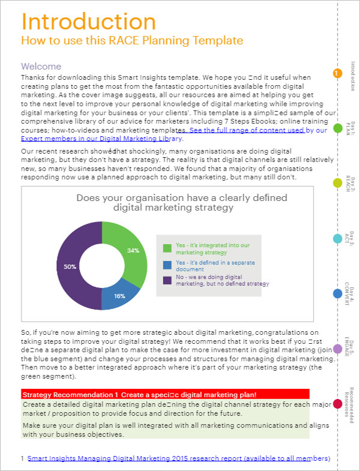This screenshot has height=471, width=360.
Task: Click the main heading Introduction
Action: [89, 22]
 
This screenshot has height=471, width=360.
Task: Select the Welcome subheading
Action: [41, 67]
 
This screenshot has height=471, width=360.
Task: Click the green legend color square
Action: [167, 248]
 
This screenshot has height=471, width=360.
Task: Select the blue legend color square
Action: [167, 265]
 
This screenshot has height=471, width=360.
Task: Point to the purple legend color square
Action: [167, 280]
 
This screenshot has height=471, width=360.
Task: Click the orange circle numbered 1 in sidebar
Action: [337, 73]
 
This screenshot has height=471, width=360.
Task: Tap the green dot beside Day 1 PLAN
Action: [337, 128]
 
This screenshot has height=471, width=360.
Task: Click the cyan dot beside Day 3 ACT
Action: [337, 238]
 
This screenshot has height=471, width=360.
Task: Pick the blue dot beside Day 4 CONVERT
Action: [337, 293]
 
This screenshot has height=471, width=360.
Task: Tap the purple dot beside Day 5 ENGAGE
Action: [337, 349]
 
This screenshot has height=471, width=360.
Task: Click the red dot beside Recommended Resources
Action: [337, 404]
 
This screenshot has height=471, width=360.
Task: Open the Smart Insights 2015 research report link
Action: [179, 458]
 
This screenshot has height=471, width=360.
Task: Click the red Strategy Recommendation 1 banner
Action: [165, 394]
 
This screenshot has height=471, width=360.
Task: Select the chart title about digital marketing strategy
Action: [173, 203]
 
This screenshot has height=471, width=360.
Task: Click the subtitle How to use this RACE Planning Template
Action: [132, 40]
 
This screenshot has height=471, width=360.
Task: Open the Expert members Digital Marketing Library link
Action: [102, 138]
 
